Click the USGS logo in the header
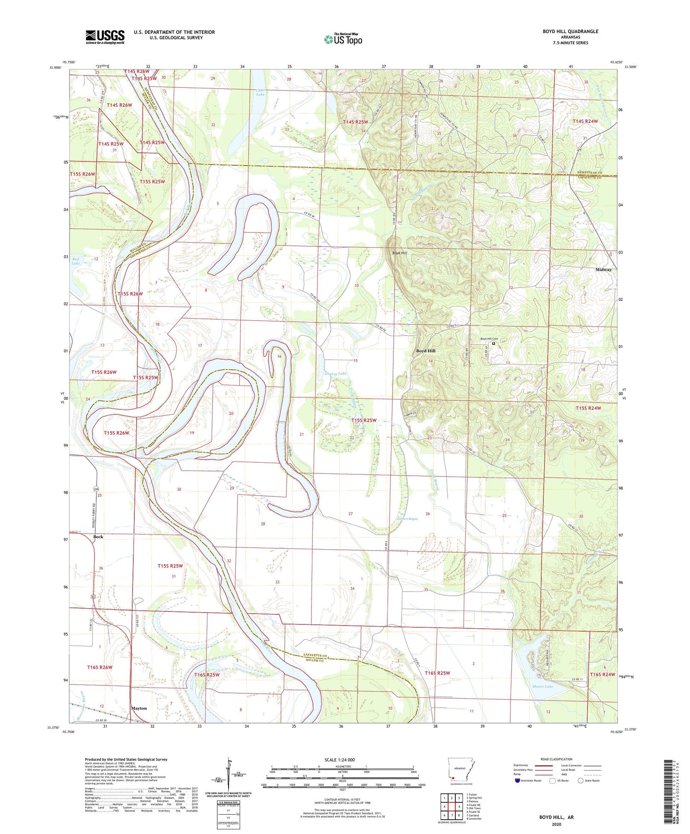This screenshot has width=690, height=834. coord(105,37)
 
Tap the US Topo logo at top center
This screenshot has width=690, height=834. coord(343,39)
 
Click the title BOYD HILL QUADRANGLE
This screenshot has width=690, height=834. coord(570,31)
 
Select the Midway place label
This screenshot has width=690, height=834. coord(604,270)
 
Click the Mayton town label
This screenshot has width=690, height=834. coord(139,708)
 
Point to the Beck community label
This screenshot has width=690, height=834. coord(98,537)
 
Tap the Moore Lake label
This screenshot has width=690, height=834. coord(542,686)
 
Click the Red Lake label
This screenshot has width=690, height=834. coord(76,261)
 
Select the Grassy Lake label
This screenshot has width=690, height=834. coord(335,374)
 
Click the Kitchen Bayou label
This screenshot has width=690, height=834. coord(407,519)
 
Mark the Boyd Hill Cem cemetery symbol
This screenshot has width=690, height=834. coord(494,343)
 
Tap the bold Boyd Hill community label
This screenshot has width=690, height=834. coord(425,351)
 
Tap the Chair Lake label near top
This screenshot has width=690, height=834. coord(260,92)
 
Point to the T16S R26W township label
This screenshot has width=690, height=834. coord(99,667)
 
